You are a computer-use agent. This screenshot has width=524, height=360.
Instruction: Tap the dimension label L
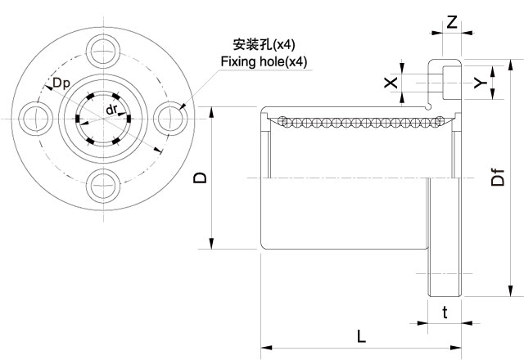coord(361,335)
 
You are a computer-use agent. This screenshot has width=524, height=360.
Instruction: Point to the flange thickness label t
coord(445,312)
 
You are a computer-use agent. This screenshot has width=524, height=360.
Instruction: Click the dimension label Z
coord(452,22)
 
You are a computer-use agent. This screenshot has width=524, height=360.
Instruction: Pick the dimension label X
coord(391,82)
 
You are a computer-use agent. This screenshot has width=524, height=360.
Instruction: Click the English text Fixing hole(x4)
coord(264,61)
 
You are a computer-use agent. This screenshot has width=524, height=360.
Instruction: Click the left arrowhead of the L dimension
coord(264,347)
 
